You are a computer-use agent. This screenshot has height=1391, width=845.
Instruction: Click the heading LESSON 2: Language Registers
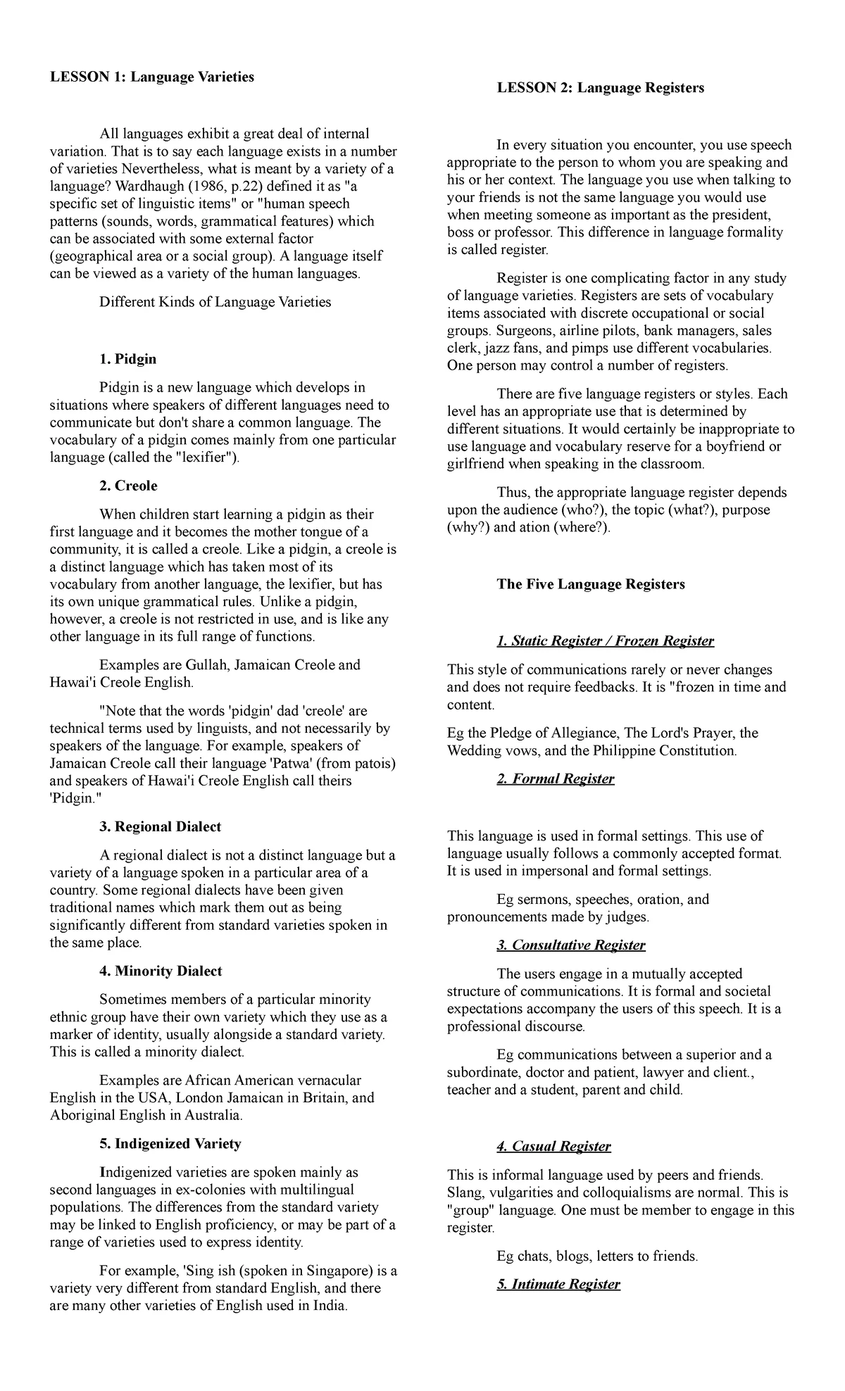click(x=600, y=88)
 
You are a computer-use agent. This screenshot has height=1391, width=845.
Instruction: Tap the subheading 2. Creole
click(x=128, y=486)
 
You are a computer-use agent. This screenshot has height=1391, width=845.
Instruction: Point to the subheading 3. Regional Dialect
click(x=161, y=826)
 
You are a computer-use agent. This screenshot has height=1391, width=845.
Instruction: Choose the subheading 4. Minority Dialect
click(x=161, y=971)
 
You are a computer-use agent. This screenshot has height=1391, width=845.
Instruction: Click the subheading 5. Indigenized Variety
click(x=170, y=1143)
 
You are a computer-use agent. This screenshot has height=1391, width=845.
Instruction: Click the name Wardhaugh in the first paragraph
click(x=142, y=187)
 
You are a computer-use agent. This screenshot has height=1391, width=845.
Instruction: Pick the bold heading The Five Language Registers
click(x=590, y=584)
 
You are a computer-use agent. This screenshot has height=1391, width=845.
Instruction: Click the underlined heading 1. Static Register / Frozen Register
click(x=605, y=641)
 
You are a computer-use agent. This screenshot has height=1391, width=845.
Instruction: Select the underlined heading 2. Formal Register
click(x=555, y=779)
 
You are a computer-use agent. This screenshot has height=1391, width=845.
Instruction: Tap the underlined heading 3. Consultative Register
click(x=570, y=945)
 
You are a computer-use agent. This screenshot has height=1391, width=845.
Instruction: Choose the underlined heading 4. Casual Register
click(x=553, y=1146)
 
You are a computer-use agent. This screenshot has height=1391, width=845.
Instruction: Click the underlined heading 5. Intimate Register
click(x=558, y=1284)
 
